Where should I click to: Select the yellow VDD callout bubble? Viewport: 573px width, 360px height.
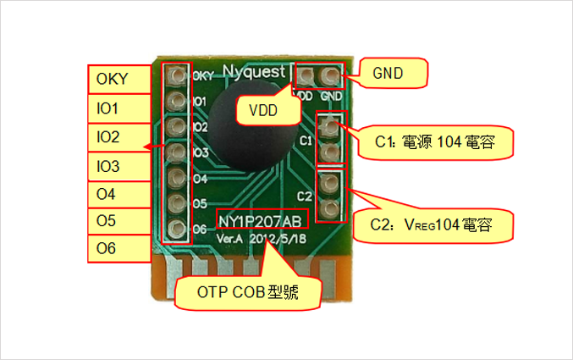pos(262,108)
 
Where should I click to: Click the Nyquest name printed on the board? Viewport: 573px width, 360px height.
pos(253,69)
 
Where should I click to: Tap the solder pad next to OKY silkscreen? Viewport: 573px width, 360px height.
pos(177,76)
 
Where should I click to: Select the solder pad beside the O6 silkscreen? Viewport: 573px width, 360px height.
pos(177,230)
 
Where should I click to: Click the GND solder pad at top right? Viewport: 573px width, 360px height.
pos(331,77)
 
